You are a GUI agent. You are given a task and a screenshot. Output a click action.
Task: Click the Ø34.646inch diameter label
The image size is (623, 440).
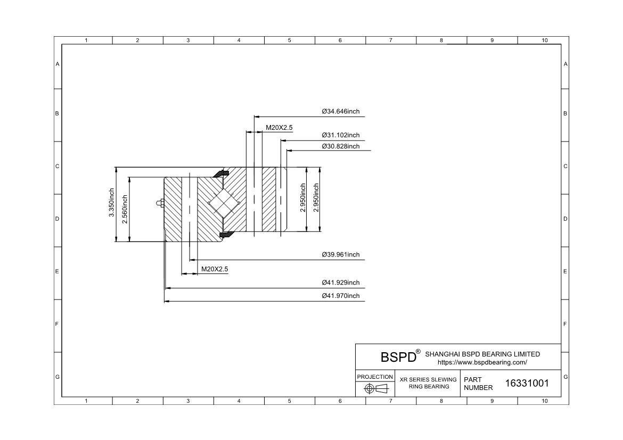click(x=340, y=112)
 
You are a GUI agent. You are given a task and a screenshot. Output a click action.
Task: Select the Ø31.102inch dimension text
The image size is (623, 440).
click(x=340, y=136)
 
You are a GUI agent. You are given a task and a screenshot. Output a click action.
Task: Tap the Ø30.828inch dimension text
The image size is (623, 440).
click(x=340, y=146)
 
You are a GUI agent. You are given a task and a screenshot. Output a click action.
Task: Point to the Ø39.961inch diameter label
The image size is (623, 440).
click(x=340, y=254)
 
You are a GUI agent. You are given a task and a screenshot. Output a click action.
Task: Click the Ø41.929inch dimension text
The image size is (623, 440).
click(x=340, y=283)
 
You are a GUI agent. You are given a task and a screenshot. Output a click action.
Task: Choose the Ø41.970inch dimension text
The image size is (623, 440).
click(x=340, y=296)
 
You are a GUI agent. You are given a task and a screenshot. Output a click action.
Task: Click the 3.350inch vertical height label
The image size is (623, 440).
click(x=112, y=203)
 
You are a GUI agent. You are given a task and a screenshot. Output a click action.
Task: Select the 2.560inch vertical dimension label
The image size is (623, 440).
click(x=125, y=209)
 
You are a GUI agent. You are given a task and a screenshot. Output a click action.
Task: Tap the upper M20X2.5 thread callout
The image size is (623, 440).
click(x=279, y=128)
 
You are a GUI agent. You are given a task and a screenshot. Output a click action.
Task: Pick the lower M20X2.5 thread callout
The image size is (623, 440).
click(x=215, y=269)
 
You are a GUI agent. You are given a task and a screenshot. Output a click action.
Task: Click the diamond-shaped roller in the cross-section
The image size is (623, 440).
click(x=224, y=203)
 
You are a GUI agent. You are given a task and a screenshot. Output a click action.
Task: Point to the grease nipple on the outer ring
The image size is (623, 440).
click(x=160, y=203)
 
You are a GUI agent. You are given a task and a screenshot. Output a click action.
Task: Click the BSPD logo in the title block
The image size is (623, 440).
click(x=398, y=357)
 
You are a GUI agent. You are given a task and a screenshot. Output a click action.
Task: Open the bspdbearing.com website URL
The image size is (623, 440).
click(x=482, y=362)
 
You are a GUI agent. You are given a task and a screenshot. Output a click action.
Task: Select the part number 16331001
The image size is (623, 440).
click(x=527, y=383)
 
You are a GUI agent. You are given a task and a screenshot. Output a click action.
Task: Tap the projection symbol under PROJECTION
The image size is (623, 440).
click(x=376, y=389)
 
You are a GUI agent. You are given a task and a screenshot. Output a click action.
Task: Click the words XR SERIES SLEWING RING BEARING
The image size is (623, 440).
click(x=428, y=383)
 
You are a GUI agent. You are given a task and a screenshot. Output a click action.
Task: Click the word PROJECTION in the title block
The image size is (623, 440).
click(x=375, y=377)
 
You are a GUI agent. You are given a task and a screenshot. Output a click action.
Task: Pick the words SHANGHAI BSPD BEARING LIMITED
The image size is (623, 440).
click(x=482, y=354)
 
